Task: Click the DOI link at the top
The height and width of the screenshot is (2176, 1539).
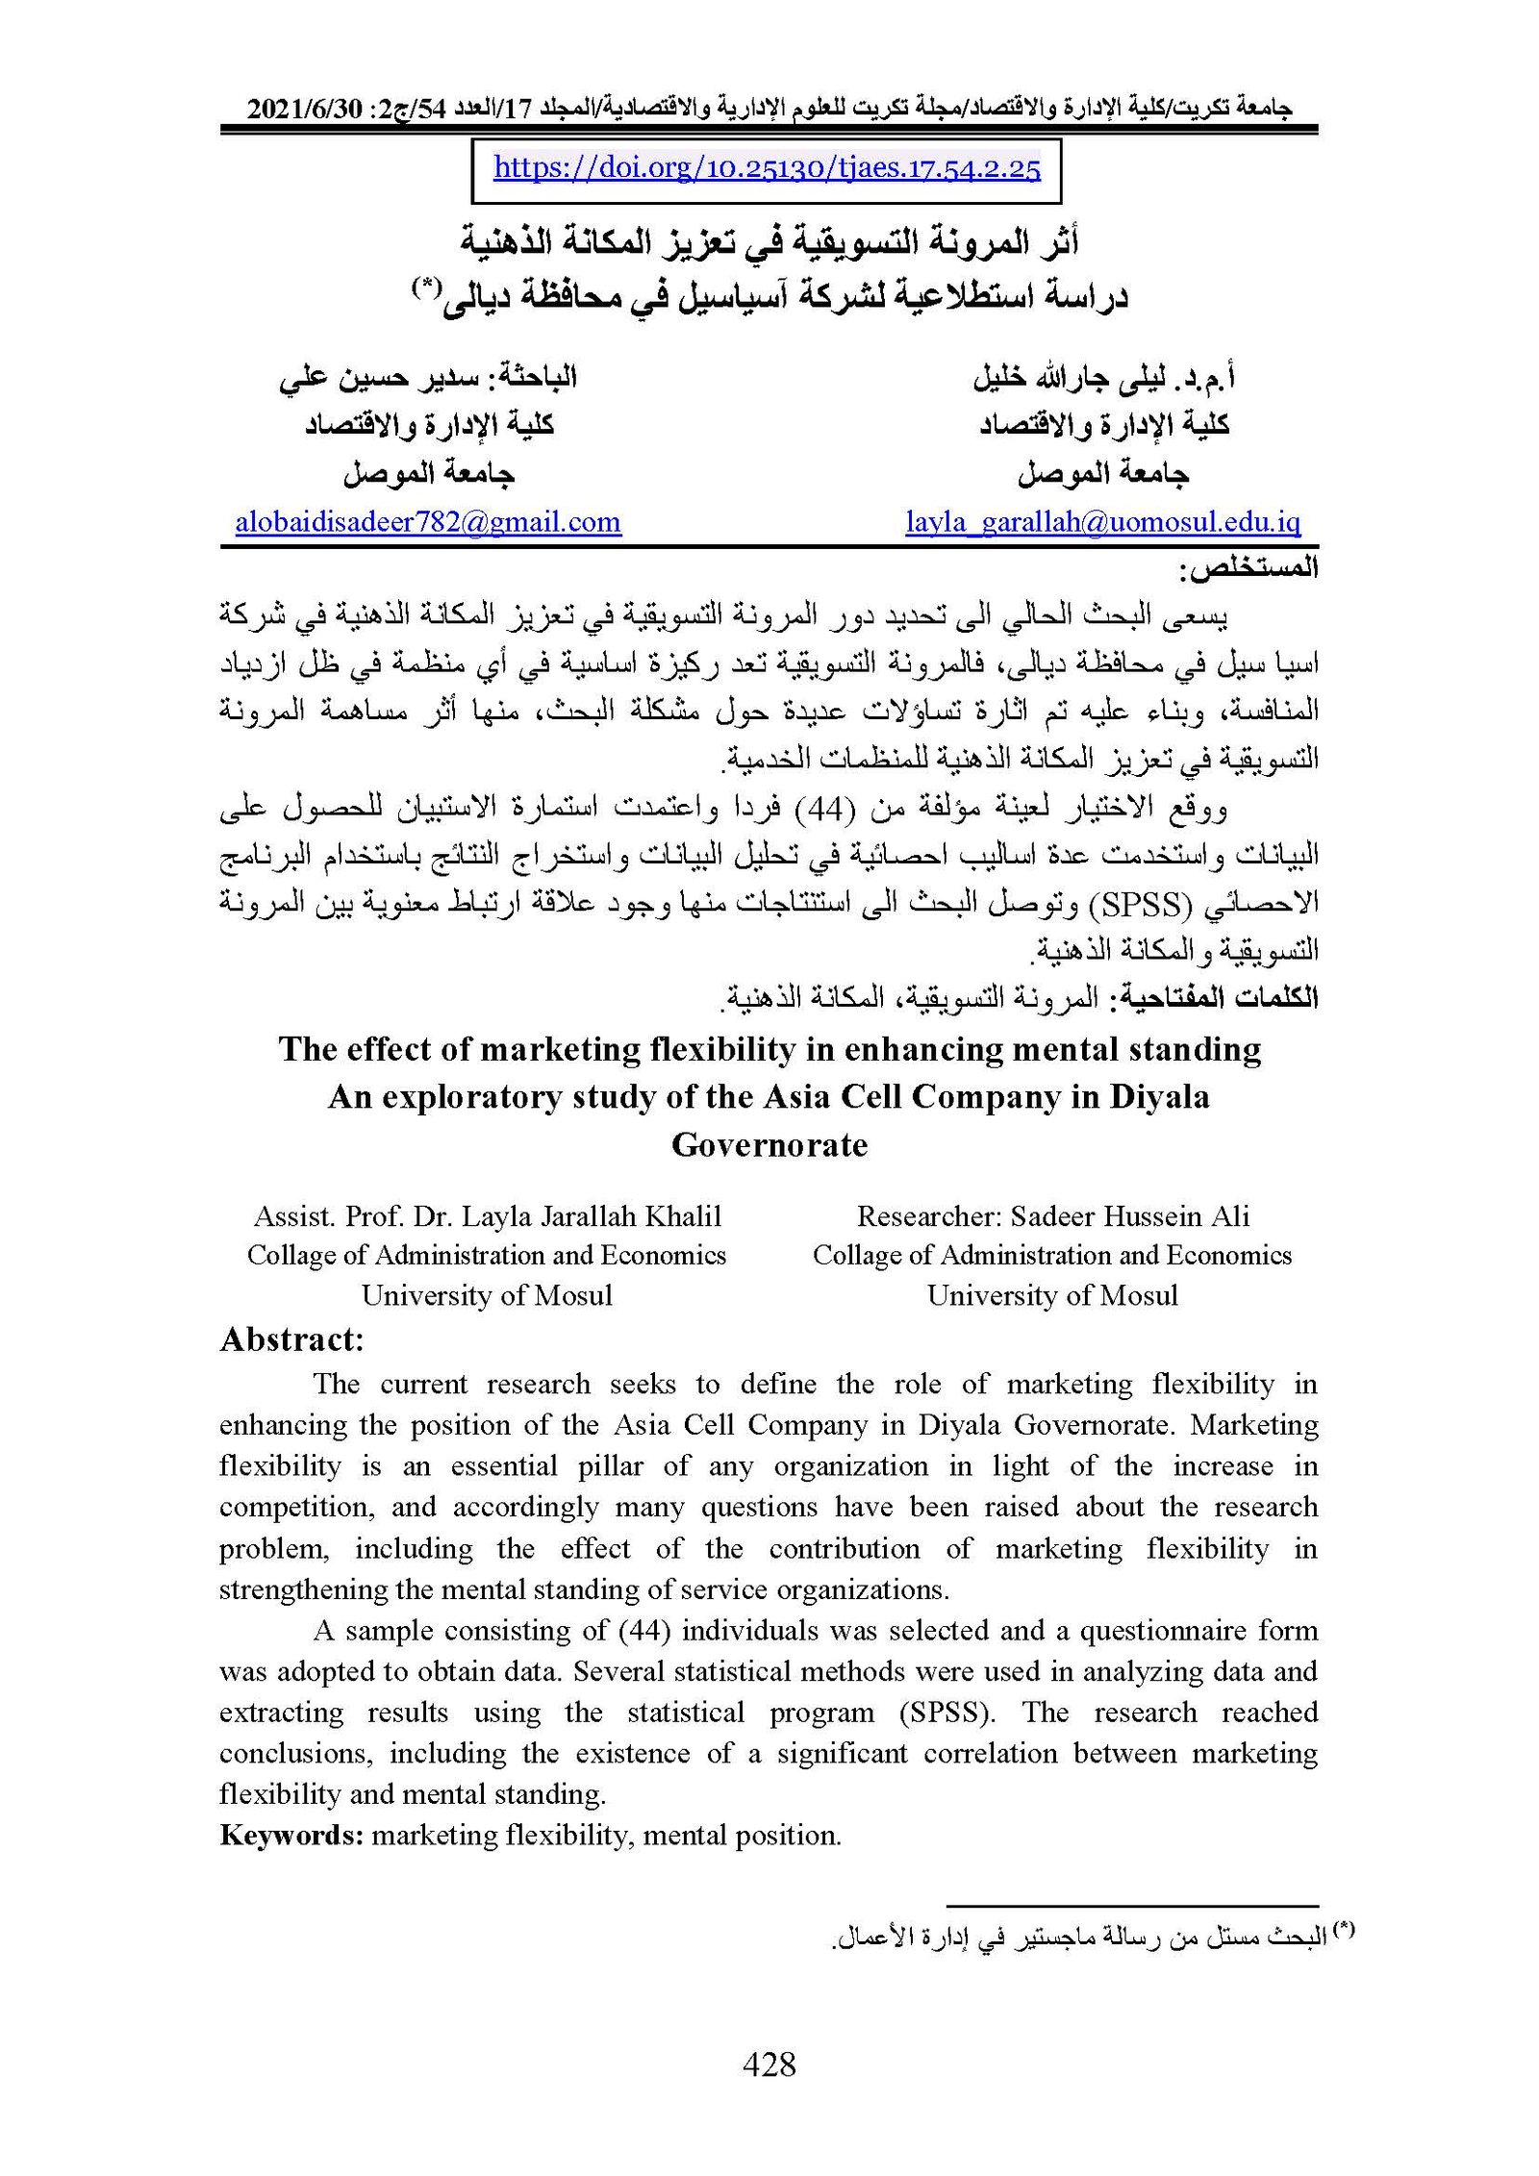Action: click(x=767, y=169)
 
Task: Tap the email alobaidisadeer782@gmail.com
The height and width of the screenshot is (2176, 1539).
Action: click(x=428, y=522)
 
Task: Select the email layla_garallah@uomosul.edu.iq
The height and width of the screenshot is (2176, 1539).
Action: click(x=1102, y=522)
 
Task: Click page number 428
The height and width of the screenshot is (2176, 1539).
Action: click(x=769, y=2063)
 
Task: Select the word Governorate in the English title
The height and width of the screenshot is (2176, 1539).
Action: click(x=769, y=1145)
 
